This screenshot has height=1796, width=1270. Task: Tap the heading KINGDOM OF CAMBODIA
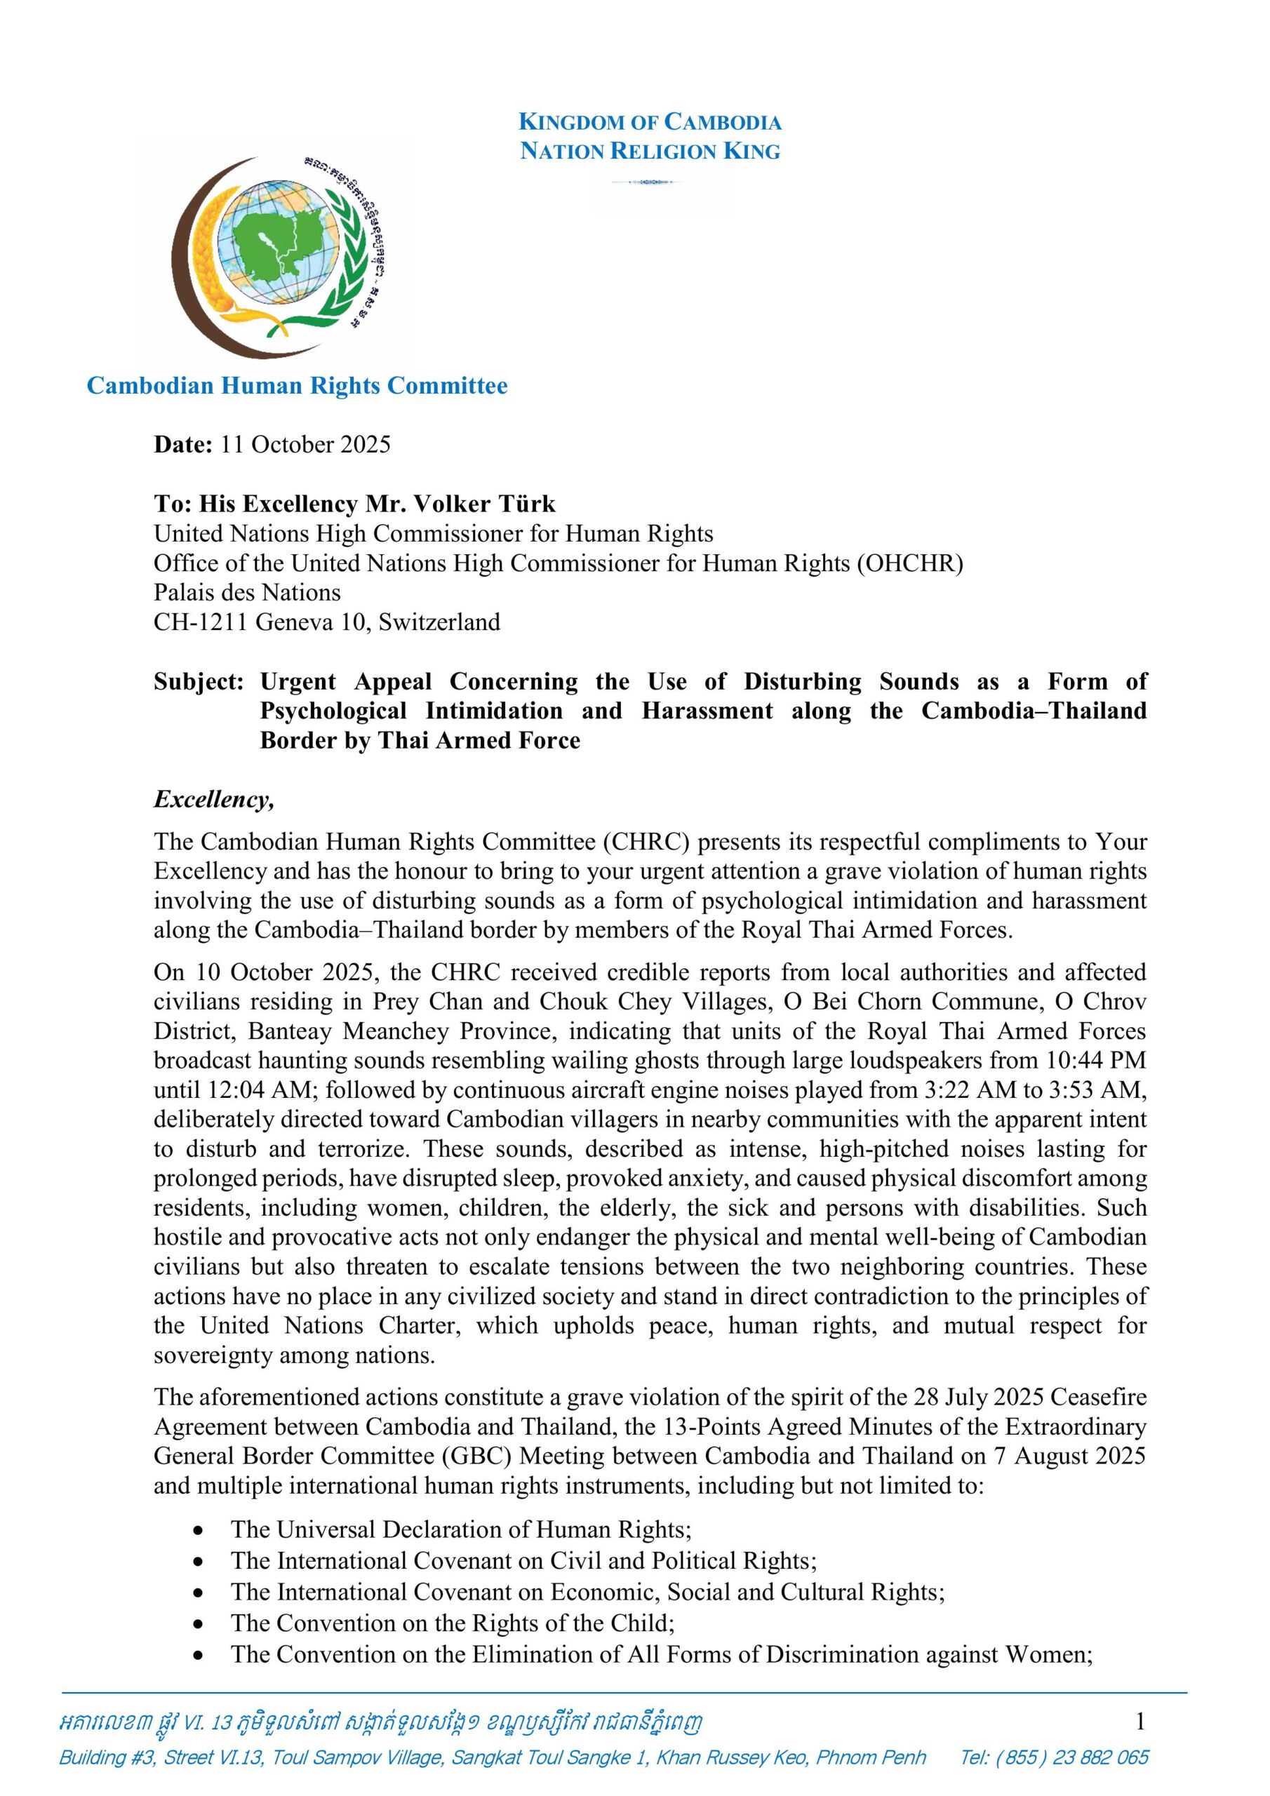click(650, 122)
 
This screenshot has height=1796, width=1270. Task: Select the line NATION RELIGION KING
click(650, 151)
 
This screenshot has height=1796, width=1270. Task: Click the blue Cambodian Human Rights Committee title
click(297, 386)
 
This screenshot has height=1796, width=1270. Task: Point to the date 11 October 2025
click(305, 444)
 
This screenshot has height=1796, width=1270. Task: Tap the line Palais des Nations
click(247, 592)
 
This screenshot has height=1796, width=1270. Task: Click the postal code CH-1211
click(201, 622)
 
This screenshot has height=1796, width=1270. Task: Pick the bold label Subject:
click(199, 681)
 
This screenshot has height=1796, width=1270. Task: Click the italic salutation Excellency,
click(213, 800)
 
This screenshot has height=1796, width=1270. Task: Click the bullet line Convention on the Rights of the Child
click(453, 1623)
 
